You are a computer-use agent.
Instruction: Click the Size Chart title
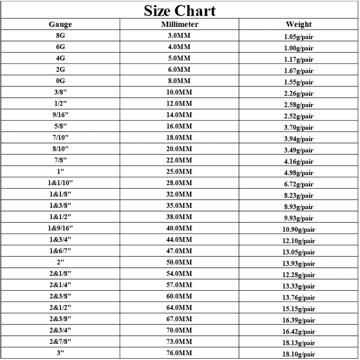180,10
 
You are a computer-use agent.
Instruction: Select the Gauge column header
60,25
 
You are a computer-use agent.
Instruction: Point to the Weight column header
298,25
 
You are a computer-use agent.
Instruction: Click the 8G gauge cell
60,36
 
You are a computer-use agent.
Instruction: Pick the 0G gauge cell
60,81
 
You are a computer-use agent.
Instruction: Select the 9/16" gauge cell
60,115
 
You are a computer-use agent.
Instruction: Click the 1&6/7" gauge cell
60,251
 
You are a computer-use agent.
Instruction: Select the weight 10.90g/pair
298,229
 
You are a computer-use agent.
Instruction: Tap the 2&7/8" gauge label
60,341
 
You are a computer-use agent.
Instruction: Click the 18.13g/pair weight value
298,342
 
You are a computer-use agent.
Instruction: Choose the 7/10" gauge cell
60,137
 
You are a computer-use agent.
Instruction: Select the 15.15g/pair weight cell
298,309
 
